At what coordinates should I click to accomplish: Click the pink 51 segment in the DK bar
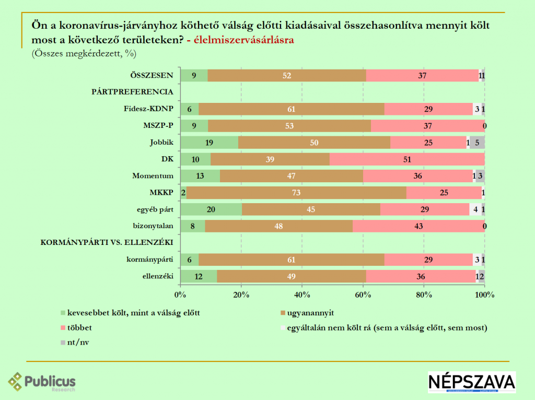407,159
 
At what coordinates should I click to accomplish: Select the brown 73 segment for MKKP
296,193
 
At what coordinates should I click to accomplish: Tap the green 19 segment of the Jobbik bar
209,143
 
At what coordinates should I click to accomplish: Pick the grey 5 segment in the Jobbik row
477,143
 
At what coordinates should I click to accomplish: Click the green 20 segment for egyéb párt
211,209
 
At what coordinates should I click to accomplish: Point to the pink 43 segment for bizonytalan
418,226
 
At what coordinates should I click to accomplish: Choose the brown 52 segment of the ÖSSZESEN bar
287,76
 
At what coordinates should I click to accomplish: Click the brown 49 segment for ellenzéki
291,276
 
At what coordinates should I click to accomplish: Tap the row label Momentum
153,176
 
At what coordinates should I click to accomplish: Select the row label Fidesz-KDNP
148,109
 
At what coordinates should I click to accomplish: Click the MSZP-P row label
158,126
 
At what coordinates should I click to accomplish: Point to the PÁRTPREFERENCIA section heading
132,92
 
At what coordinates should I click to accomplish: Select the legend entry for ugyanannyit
310,313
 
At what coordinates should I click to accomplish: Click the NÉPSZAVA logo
471,382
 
